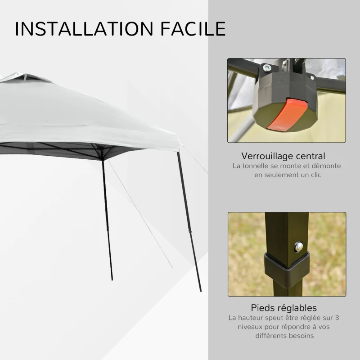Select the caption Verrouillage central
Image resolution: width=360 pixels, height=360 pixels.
click(283, 156)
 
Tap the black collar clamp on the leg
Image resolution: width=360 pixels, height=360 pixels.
click(286, 268)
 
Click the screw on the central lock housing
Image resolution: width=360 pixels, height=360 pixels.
click(267, 67)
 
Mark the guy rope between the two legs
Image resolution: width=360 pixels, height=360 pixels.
click(139, 211)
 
